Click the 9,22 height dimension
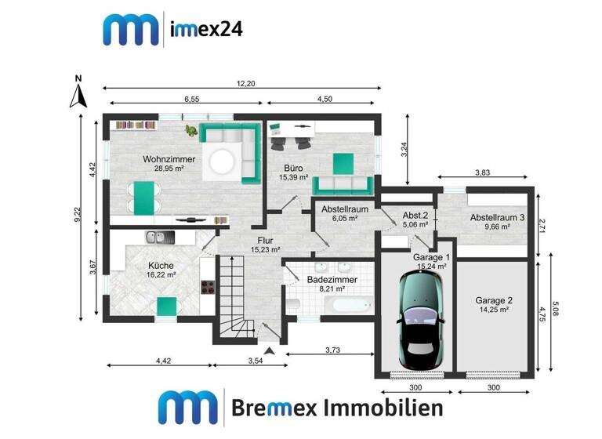pyautogui.click(x=77, y=216)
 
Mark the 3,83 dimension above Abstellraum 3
pyautogui.click(x=486, y=173)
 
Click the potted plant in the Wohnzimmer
pyautogui.click(x=190, y=130)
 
